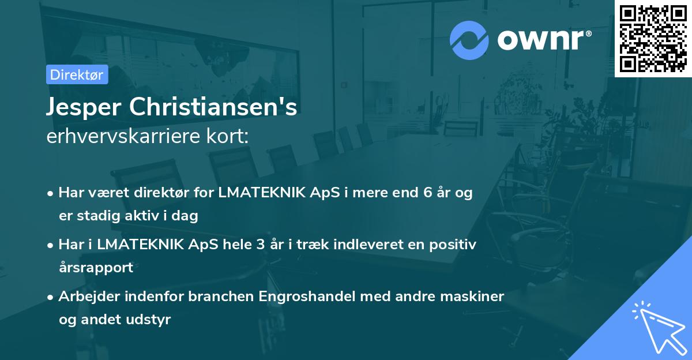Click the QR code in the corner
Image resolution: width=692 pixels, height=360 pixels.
click(653, 39)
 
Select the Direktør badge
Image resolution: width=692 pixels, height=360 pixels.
click(77, 74)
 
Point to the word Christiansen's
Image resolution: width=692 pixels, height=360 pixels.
click(213, 108)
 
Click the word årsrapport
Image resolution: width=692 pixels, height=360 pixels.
click(96, 268)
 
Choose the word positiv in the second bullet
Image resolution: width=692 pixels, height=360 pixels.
click(454, 245)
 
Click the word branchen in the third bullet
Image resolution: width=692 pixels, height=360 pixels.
click(221, 297)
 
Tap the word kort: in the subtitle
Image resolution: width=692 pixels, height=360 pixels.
click(233, 137)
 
